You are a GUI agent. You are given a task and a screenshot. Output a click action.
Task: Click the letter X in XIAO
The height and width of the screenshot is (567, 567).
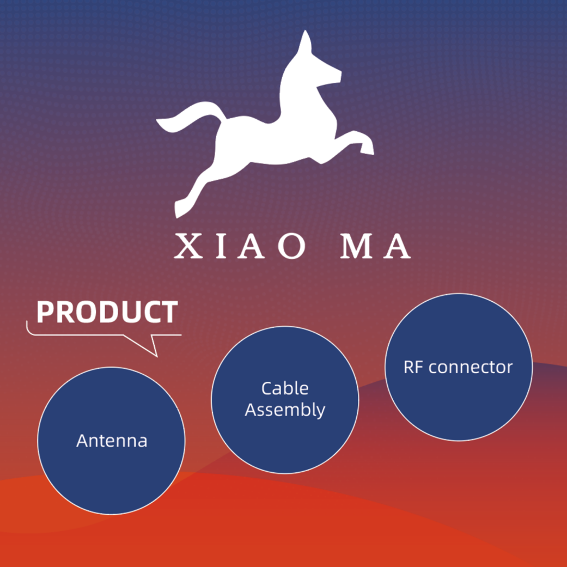click(x=186, y=247)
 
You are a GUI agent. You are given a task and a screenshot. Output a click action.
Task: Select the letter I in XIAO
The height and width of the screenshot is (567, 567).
click(x=217, y=247)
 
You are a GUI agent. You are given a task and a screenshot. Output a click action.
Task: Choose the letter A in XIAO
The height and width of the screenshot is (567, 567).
click(x=248, y=247)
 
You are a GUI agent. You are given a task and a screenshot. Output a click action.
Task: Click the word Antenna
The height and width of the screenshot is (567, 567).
click(x=112, y=440)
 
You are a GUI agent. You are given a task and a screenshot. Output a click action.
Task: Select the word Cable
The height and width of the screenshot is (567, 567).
click(x=284, y=388)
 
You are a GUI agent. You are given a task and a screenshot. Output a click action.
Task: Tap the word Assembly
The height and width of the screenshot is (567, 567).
click(x=284, y=410)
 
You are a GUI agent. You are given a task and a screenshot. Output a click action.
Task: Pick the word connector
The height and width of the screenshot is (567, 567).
click(x=471, y=367)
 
